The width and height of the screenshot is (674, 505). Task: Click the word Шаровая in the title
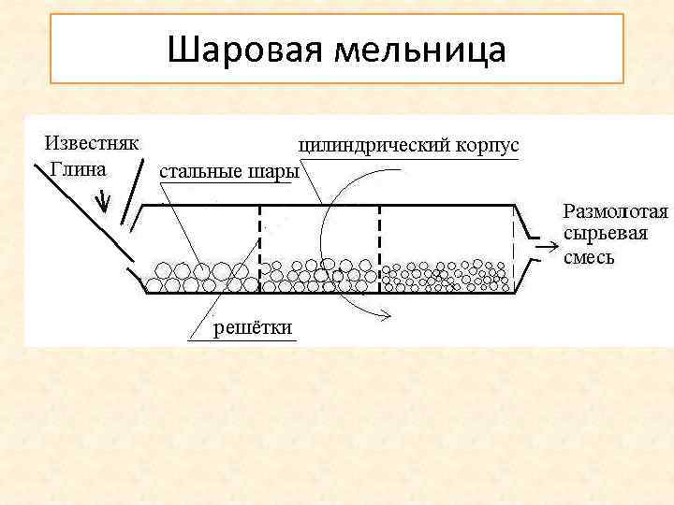pos(239,49)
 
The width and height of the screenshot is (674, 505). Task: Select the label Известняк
pos(93,144)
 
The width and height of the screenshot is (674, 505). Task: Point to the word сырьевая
pos(605,234)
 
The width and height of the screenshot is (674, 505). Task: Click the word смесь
pos(589,255)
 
